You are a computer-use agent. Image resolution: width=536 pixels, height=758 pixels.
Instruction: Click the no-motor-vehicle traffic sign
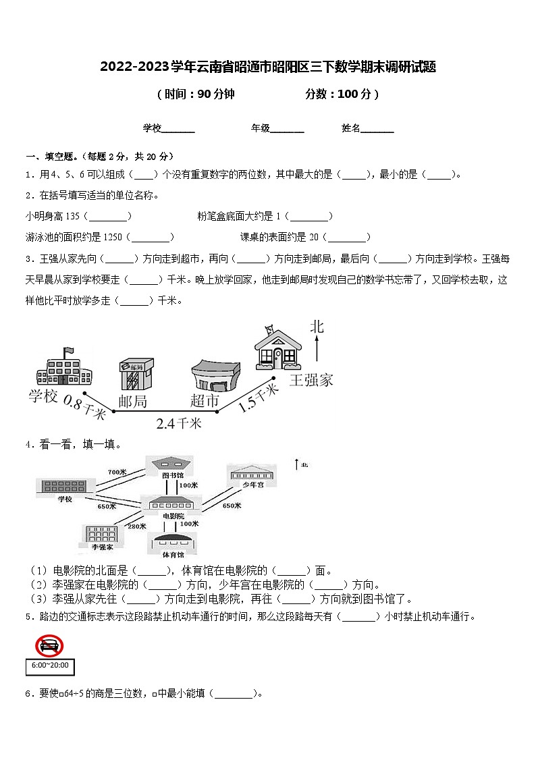pyautogui.click(x=49, y=646)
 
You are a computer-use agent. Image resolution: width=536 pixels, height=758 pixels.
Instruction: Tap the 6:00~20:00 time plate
pyautogui.click(x=49, y=666)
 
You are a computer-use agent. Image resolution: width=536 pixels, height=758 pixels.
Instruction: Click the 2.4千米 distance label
pyautogui.click(x=179, y=423)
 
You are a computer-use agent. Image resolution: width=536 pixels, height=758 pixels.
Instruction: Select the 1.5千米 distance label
pyautogui.click(x=259, y=397)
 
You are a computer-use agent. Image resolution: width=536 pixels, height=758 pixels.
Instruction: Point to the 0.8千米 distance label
pyautogui.click(x=84, y=408)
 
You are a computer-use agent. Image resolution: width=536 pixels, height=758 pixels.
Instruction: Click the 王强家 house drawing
pyautogui.click(x=277, y=348)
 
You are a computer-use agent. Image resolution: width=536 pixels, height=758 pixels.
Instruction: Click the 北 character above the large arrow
pyautogui.click(x=317, y=327)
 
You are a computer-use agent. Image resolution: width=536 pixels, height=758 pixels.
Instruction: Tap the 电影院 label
pyautogui.click(x=173, y=516)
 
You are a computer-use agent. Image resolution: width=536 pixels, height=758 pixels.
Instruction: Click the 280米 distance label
pyautogui.click(x=137, y=525)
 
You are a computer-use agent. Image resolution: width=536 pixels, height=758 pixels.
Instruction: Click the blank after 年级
pyautogui.click(x=288, y=128)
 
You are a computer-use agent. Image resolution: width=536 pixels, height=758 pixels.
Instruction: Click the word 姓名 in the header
pyautogui.click(x=351, y=128)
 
